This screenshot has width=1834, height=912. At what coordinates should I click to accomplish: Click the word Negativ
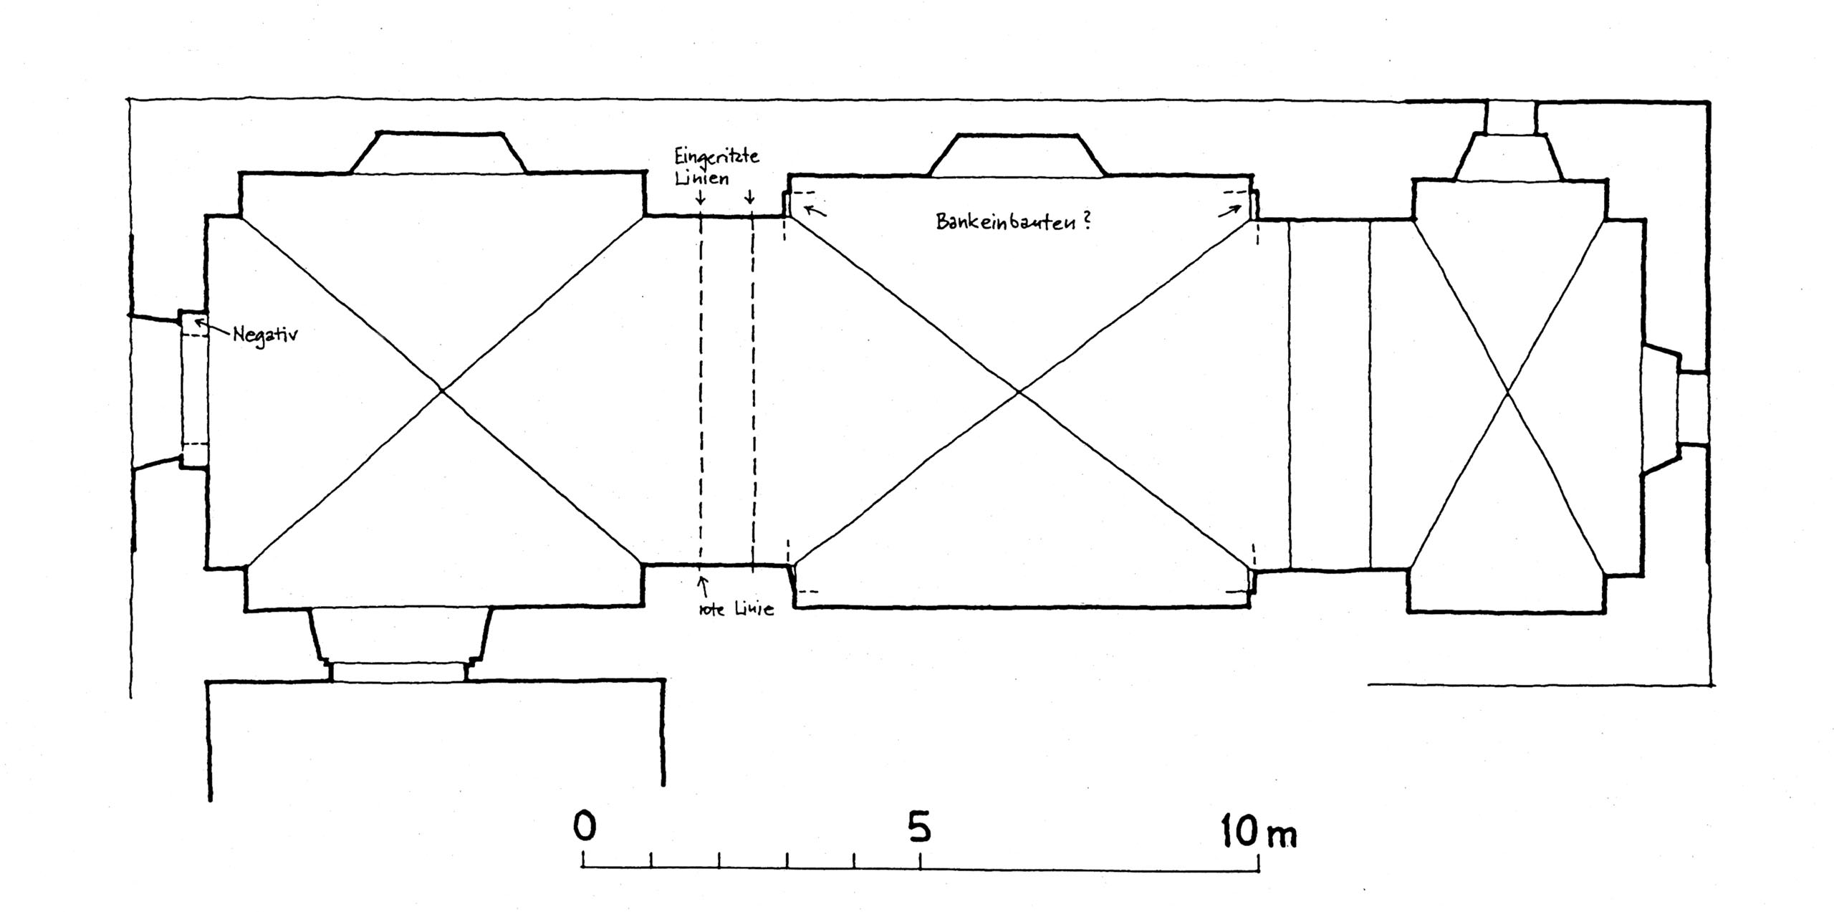265,335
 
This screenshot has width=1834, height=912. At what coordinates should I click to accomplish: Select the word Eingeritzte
716,157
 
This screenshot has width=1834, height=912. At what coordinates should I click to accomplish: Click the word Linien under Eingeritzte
702,178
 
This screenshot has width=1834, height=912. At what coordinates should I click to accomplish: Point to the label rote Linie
736,610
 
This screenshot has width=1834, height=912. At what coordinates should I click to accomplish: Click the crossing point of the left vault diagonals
442,390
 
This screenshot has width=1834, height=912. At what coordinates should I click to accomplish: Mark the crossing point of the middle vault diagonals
1018,392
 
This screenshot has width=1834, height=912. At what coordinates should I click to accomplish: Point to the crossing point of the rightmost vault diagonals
1508,392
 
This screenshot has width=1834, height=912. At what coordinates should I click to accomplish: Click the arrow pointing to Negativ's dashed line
212,330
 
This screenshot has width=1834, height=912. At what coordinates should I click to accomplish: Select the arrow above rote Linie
704,587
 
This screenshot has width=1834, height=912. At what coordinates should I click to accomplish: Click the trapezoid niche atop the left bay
438,153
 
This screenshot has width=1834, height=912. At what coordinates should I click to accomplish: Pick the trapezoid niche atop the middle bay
1017,155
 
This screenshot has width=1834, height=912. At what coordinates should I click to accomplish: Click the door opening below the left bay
398,672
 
